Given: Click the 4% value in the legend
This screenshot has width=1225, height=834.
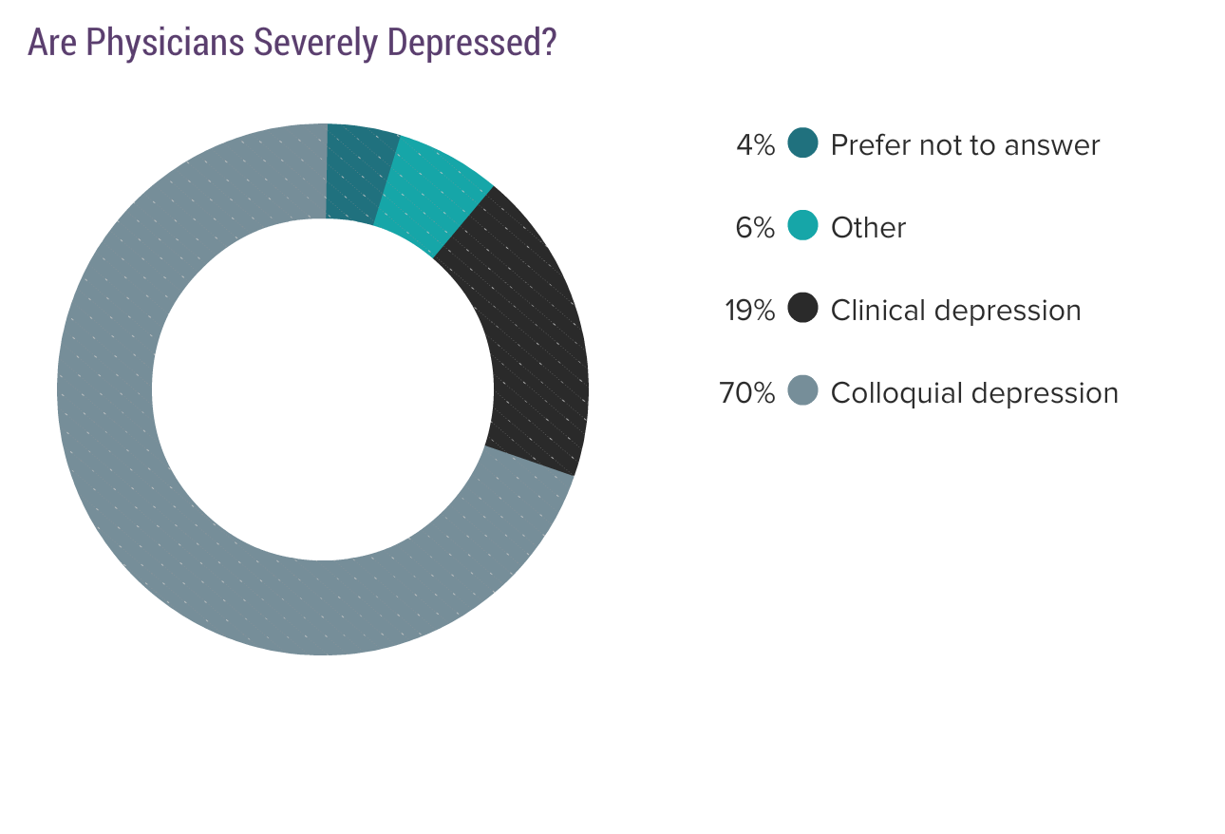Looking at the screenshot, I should coord(756,145).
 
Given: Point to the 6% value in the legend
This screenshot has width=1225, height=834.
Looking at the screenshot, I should coord(756,228).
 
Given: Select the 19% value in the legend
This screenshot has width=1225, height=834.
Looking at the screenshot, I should coord(750,311).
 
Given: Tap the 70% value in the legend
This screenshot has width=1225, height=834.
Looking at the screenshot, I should coord(747,393).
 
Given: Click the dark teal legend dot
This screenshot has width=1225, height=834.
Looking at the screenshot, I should coord(803,143).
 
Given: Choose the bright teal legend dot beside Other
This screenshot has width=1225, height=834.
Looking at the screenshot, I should coord(803,226).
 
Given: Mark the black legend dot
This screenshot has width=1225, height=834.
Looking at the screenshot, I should coord(803,309).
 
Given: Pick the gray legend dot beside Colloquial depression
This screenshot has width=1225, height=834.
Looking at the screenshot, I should coord(803,391).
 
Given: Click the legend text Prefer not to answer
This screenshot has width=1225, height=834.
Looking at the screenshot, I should coord(965,145).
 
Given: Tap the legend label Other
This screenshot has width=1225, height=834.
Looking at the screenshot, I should coord(868,228).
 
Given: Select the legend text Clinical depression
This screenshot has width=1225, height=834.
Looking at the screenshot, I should coord(955,311).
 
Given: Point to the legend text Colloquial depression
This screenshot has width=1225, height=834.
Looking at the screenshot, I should coord(974,393).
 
